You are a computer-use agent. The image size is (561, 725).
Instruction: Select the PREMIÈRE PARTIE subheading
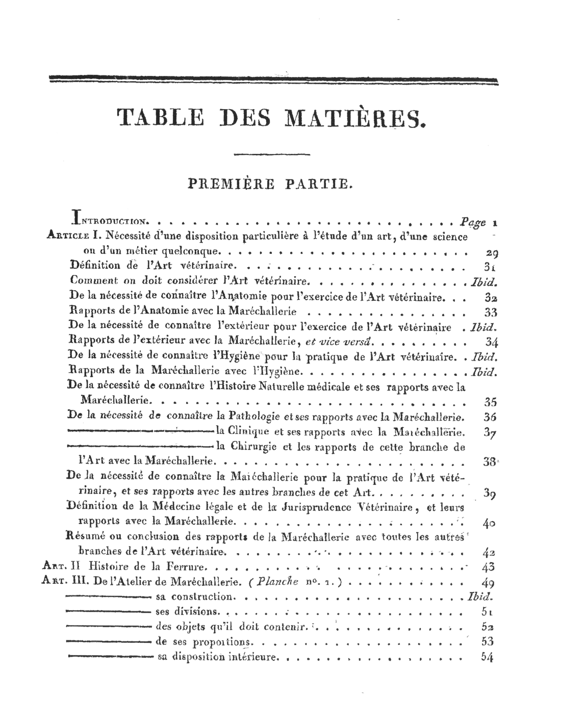point(270,183)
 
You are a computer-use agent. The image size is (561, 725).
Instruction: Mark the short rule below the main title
point(271,153)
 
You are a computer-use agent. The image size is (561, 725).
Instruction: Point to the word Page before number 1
point(472,222)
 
